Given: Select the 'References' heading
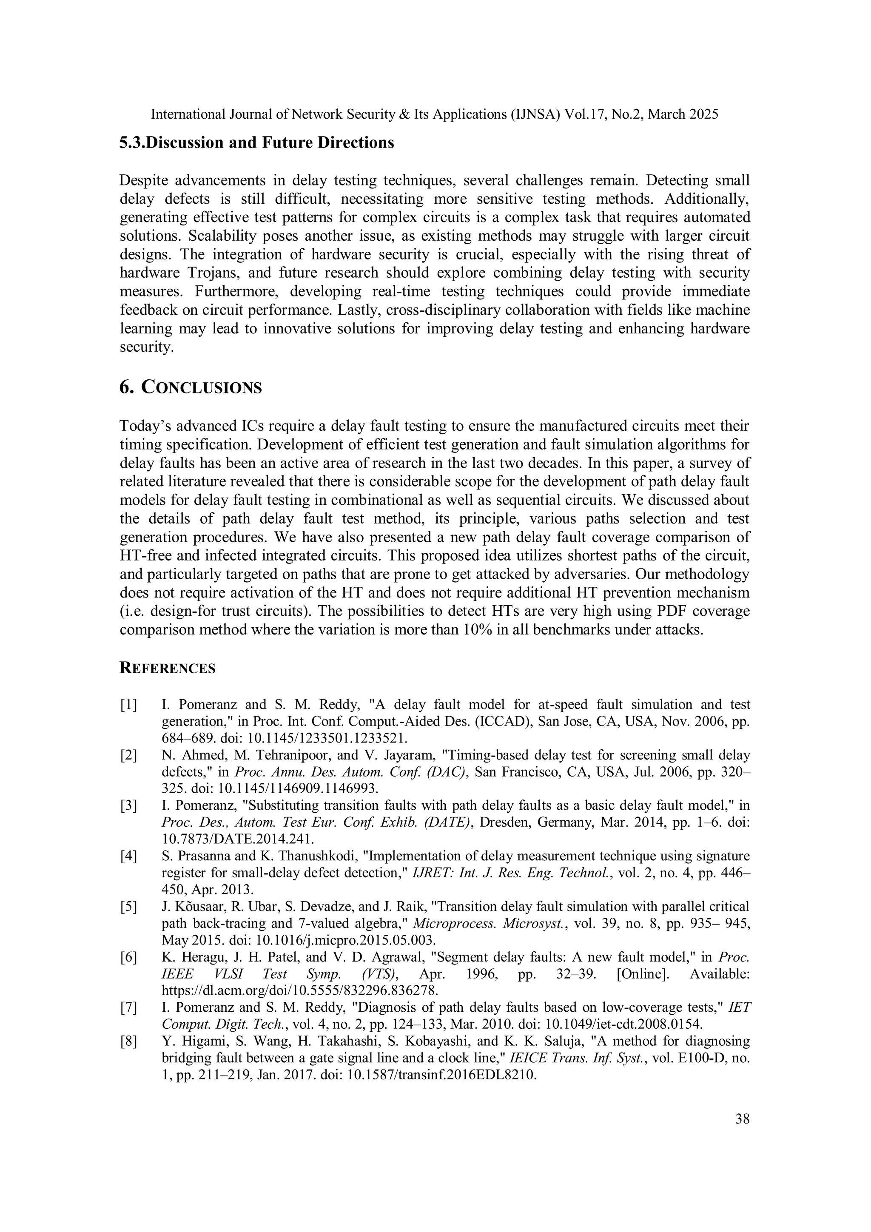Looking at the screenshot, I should pyautogui.click(x=168, y=669).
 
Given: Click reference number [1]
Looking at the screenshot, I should pyautogui.click(x=129, y=705).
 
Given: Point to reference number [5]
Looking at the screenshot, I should pyautogui.click(x=129, y=907).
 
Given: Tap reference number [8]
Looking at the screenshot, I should pyautogui.click(x=129, y=1041).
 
